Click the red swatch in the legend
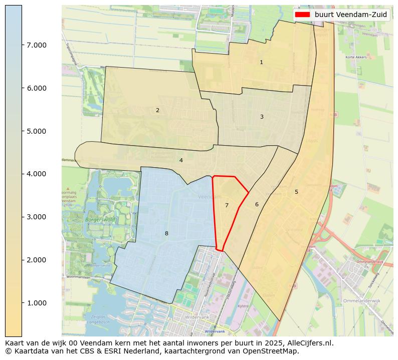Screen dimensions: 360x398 (302, 15)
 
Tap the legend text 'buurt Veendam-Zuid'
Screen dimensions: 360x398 (350, 15)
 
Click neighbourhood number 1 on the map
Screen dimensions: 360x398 (261, 63)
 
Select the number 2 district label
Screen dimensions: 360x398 (157, 110)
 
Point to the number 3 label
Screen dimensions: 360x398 (262, 117)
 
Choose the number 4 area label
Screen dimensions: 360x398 (181, 161)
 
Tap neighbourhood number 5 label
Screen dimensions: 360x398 (296, 192)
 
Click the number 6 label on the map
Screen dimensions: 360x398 (257, 204)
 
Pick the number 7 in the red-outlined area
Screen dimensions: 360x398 (227, 205)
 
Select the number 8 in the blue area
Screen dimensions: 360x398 (166, 233)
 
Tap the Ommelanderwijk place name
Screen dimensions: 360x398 (362, 301)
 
